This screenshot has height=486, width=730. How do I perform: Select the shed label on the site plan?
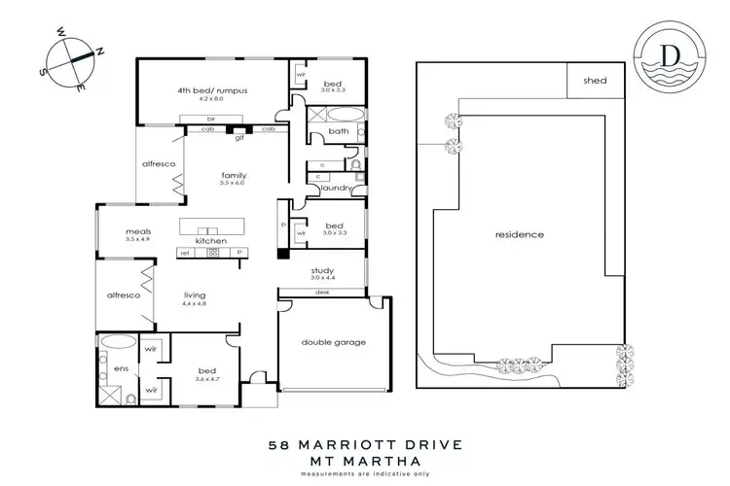pos(594,81)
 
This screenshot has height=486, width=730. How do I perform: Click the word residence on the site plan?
pos(519,235)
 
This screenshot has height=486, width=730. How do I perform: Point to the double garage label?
pos(332,341)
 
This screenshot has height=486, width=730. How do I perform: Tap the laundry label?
pos(336,188)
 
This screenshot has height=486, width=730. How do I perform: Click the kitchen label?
pos(211,240)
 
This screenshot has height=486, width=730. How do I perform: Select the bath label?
pos(339,131)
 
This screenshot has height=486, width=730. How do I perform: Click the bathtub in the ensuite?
pos(118,343)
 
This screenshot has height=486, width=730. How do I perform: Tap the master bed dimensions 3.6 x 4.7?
pos(206,378)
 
